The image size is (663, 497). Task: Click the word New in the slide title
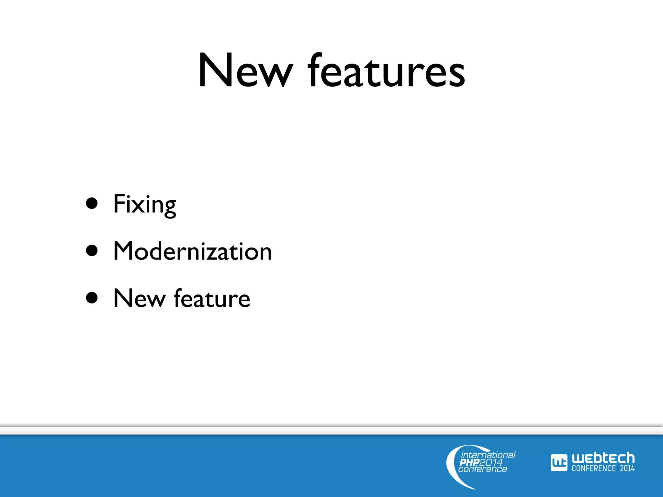[x=245, y=71]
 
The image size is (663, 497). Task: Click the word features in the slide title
[x=387, y=71]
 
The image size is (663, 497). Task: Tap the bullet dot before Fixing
[x=92, y=204]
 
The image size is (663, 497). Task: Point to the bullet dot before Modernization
[x=92, y=250]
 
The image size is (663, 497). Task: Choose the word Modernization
[x=193, y=251]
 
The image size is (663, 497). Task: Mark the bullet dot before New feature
[x=92, y=298]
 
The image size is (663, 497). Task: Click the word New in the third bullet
[x=140, y=298]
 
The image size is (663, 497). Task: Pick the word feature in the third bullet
[x=212, y=298]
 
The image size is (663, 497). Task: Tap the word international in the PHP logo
[x=488, y=455]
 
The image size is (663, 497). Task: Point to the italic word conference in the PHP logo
[x=483, y=469]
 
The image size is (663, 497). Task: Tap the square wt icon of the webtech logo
[x=559, y=463]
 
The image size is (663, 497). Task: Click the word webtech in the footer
[x=603, y=458]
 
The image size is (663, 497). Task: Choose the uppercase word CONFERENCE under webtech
[x=593, y=468]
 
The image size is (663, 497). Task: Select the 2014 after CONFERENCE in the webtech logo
[x=627, y=468]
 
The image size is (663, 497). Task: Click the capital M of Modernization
[x=123, y=251]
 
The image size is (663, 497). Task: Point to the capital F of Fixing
[x=119, y=204]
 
